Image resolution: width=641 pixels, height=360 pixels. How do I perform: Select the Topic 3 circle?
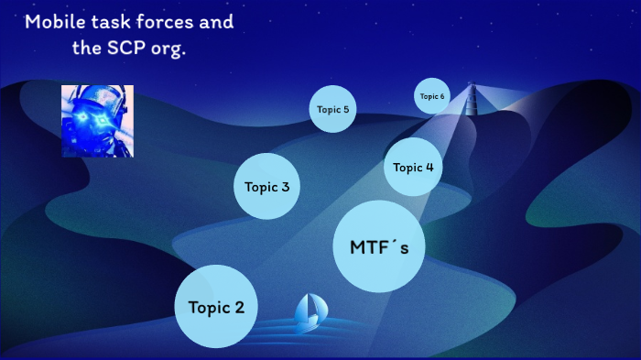pyautogui.click(x=267, y=187)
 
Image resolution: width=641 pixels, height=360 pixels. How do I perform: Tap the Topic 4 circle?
pyautogui.click(x=413, y=167)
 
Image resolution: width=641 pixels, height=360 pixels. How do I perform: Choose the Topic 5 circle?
pyautogui.click(x=332, y=109)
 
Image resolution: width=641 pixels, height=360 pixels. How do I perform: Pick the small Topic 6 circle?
pyautogui.click(x=432, y=96)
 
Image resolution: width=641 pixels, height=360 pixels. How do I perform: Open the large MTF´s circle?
pyautogui.click(x=379, y=246)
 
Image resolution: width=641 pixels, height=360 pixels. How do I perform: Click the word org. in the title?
pyautogui.click(x=169, y=49)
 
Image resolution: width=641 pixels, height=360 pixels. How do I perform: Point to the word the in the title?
pyautogui.click(x=87, y=48)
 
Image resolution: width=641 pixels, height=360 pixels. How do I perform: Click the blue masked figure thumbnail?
pyautogui.click(x=97, y=121)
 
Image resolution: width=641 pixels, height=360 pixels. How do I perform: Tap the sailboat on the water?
pyautogui.click(x=309, y=312)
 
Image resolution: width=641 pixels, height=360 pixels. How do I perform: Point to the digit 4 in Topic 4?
pyautogui.click(x=429, y=167)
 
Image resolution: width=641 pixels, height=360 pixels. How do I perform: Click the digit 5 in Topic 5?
pyautogui.click(x=345, y=109)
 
